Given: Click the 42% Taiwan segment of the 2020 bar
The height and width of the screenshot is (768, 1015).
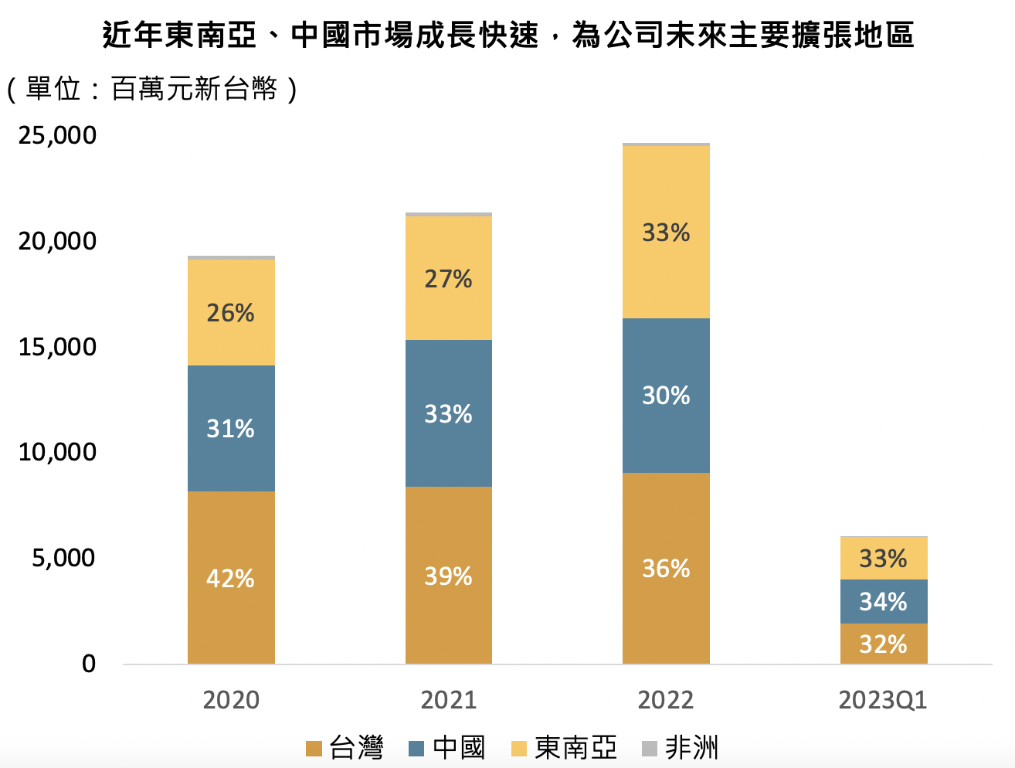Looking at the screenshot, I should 231,577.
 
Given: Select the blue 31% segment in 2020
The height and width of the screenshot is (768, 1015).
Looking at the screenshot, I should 231,428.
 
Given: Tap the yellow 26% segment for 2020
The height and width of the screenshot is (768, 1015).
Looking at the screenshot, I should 231,312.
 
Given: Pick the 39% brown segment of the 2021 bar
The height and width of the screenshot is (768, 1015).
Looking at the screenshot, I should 448,575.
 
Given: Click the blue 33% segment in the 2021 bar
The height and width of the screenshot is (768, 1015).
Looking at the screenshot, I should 448,413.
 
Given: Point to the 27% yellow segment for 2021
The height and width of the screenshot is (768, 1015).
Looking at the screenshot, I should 448,278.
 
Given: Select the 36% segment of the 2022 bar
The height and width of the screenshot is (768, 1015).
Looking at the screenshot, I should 666,568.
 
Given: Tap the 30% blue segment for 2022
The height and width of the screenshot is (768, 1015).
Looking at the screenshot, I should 666,395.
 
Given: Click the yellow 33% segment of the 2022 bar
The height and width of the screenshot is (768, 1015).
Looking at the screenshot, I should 666,232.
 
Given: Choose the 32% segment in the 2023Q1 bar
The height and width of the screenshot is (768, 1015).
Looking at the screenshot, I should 884,643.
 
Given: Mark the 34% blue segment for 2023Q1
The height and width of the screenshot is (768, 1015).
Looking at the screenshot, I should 884,601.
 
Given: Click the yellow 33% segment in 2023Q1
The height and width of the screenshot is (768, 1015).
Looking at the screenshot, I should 884,558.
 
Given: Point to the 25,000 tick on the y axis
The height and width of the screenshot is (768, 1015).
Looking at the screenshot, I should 58,135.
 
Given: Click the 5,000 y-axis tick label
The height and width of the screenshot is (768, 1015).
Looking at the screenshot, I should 64,557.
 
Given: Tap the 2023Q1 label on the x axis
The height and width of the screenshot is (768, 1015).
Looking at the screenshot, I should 883,700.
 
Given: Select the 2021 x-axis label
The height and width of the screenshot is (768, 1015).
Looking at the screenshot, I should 448,700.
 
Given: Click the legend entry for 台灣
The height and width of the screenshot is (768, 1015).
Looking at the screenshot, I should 345,748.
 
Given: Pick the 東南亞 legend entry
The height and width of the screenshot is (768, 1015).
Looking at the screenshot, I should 565,748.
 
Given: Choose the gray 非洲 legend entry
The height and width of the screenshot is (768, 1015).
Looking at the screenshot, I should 681,748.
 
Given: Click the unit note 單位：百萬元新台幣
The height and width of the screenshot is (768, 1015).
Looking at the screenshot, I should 151,90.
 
